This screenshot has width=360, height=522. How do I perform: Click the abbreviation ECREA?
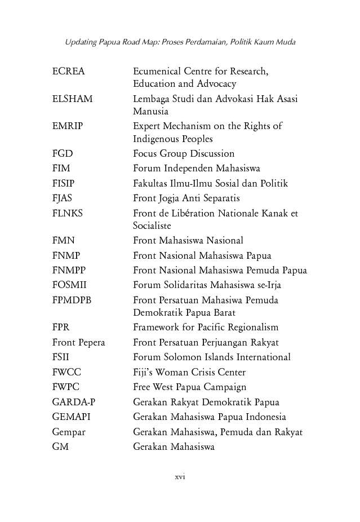pos(68,72)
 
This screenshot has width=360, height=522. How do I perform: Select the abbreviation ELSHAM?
pos(72,99)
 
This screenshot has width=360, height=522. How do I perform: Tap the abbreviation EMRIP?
pos(67,126)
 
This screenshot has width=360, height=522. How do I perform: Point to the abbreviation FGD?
pos(62,153)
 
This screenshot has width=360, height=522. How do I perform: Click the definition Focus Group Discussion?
pos(184,153)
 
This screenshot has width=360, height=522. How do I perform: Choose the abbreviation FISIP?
pos(63,183)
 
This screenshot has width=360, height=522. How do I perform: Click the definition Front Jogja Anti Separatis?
pos(186,198)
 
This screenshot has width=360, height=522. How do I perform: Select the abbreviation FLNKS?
pos(67,213)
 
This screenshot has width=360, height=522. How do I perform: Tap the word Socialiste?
pos(152,225)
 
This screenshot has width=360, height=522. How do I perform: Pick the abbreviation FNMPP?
pos(69,271)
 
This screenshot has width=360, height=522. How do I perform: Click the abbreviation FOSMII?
pos(69,285)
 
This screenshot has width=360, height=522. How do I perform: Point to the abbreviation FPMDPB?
pos(72,300)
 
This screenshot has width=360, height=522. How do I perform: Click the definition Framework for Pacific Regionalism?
pos(206,327)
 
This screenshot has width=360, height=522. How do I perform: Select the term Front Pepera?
pos(78,342)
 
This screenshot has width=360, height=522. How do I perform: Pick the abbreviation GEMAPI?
pos(71,417)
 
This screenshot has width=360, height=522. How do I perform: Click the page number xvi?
pos(180,477)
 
